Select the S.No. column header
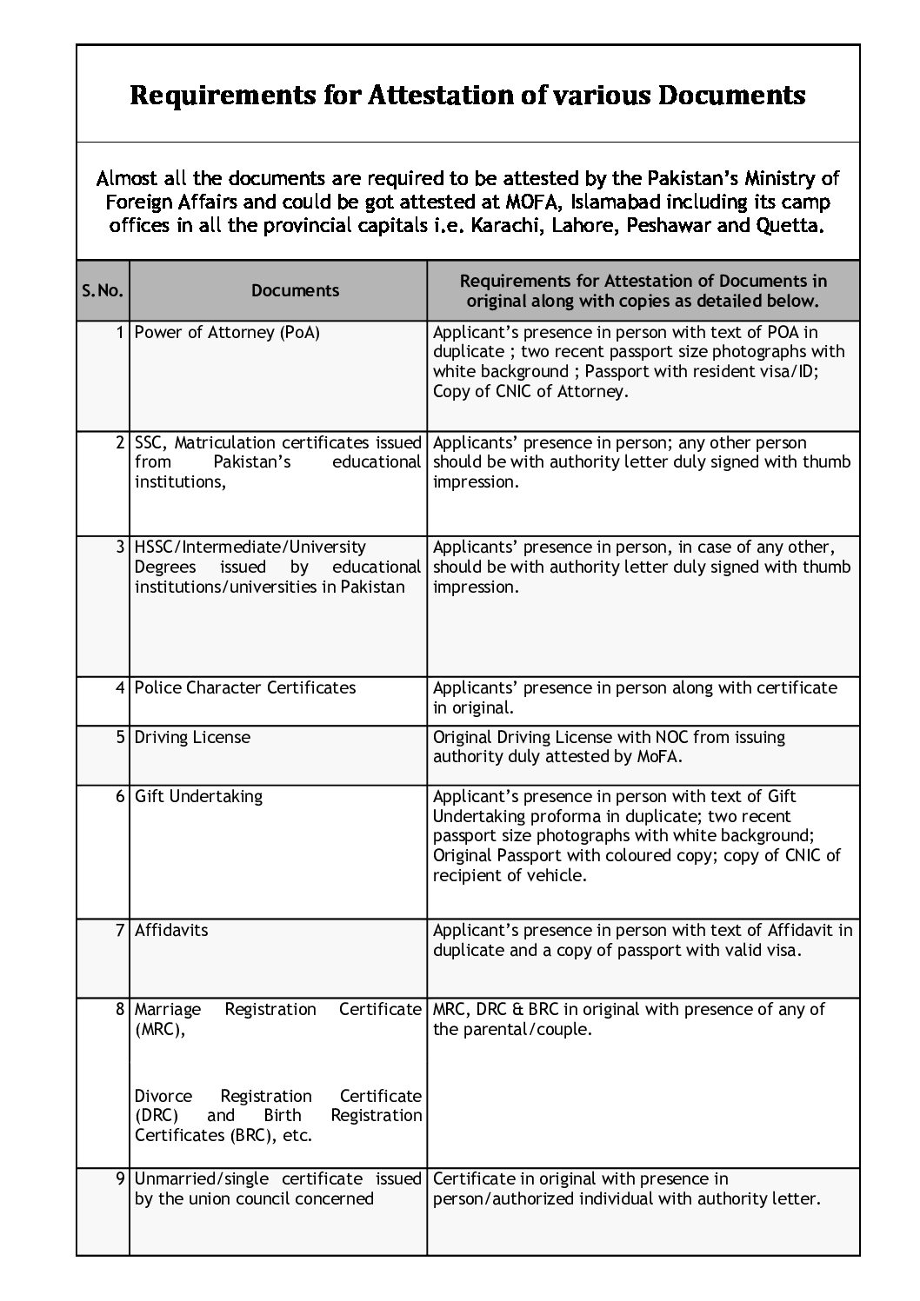(103, 290)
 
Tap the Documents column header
(295, 290)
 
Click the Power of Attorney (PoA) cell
(227, 332)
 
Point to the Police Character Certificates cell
(245, 687)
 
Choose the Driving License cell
(192, 737)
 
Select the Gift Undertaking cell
(198, 796)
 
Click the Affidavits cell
(171, 930)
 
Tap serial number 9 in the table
(121, 1179)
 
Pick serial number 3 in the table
(121, 547)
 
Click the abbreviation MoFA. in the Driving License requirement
(657, 757)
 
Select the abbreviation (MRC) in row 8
(159, 1029)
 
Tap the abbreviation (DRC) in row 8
(157, 1115)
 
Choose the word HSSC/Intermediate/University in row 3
(250, 547)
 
